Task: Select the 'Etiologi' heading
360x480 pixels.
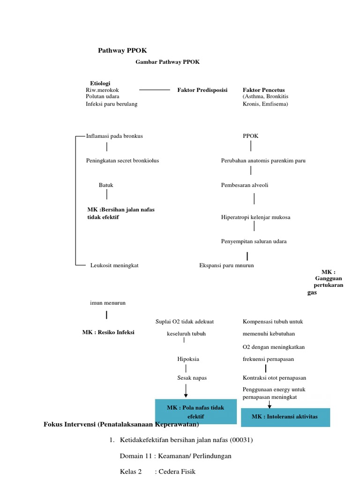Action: click(100, 83)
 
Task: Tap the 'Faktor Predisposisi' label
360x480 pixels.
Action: click(202, 90)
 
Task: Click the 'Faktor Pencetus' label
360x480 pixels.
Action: click(263, 90)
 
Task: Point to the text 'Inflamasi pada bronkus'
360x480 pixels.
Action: click(114, 136)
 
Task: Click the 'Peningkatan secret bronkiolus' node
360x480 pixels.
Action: click(122, 160)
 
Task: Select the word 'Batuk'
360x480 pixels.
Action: click(106, 185)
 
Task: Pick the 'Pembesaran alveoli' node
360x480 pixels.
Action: click(245, 185)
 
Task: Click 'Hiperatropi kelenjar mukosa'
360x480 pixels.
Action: click(255, 217)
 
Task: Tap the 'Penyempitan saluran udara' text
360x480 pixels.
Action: click(254, 241)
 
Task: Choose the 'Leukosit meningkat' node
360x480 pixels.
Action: click(114, 265)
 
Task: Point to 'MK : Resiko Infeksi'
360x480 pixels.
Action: click(108, 332)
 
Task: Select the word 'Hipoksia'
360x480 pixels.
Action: click(188, 359)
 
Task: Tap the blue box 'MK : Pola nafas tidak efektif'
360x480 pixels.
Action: click(195, 412)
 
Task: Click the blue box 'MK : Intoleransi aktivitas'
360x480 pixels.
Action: click(285, 417)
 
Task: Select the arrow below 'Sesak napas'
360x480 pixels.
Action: click(186, 390)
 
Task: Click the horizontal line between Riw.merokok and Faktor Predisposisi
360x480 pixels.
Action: click(155, 90)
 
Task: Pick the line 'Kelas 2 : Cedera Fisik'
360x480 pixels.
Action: click(157, 472)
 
